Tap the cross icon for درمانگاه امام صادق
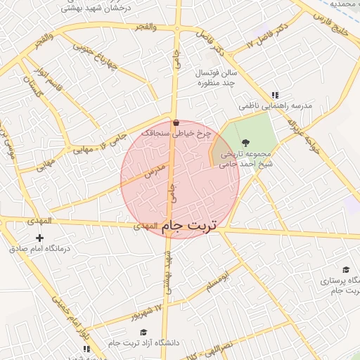39,238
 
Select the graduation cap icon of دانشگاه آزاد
143,333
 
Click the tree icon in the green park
245,142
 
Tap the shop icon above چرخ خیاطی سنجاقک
176,122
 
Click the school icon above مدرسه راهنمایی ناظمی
275,95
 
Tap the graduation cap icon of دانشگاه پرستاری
346,270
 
